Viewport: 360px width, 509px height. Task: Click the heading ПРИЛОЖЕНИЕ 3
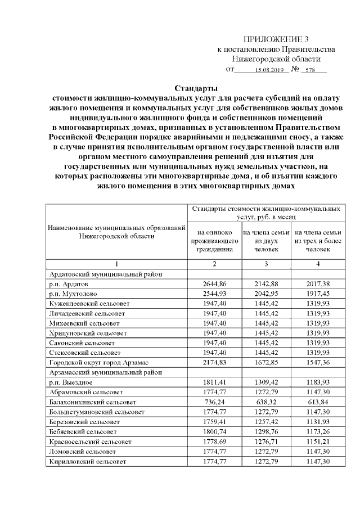point(276,39)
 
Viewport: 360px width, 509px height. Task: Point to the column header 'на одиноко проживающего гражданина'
point(214,240)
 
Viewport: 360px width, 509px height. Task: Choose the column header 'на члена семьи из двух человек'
point(266,240)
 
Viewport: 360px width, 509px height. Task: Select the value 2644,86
point(214,285)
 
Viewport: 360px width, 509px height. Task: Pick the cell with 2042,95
point(266,294)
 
